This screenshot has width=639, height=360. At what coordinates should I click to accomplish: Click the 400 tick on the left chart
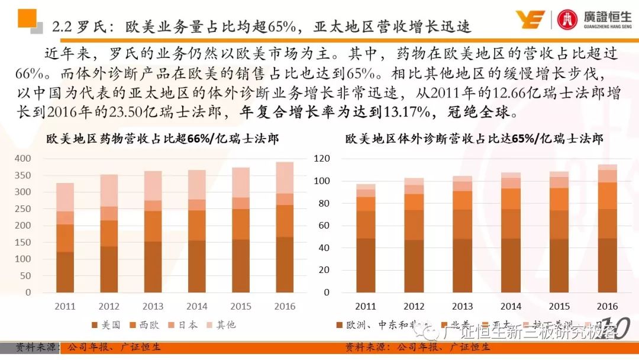[x=22, y=159]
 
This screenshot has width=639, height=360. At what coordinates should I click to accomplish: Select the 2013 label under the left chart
[x=153, y=306]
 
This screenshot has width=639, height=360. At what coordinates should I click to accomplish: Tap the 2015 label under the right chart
[x=559, y=306]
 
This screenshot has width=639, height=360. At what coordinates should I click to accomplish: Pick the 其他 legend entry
[x=221, y=324]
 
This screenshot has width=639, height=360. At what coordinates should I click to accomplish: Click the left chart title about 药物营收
[x=163, y=139]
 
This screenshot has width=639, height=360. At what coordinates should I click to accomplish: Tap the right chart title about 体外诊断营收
[x=474, y=139]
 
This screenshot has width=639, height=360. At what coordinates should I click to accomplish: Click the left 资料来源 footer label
[x=30, y=347]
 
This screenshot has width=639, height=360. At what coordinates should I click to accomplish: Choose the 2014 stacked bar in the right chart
[x=511, y=234]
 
